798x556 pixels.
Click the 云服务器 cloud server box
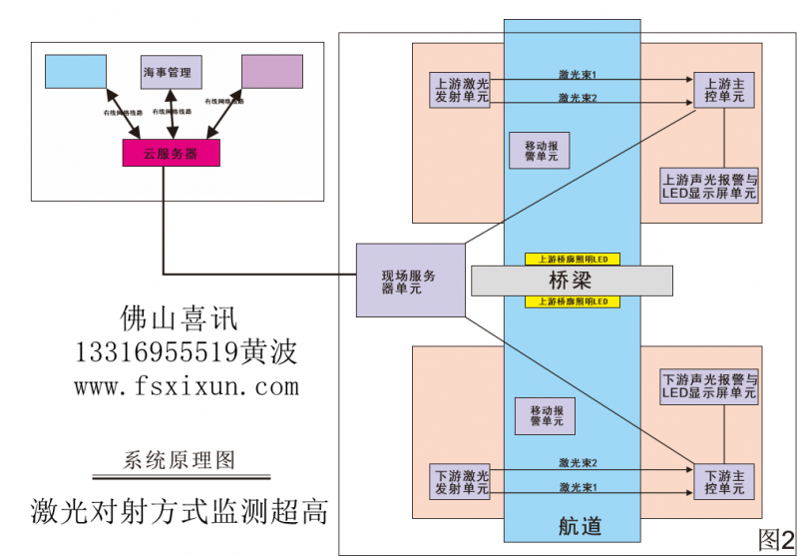click(171, 153)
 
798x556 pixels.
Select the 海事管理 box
click(172, 72)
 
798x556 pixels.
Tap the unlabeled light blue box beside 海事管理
click(76, 71)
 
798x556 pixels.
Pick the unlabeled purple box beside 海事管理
click(271, 71)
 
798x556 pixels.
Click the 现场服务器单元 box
click(410, 279)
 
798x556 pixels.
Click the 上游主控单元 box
click(724, 90)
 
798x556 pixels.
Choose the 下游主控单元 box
click(724, 481)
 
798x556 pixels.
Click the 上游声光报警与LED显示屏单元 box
click(709, 186)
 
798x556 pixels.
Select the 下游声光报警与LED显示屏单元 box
click(709, 386)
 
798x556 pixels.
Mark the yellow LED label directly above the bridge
click(573, 259)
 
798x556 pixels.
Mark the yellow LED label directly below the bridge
click(573, 301)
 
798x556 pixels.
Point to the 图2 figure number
click(776, 539)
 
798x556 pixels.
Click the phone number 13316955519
click(155, 352)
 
